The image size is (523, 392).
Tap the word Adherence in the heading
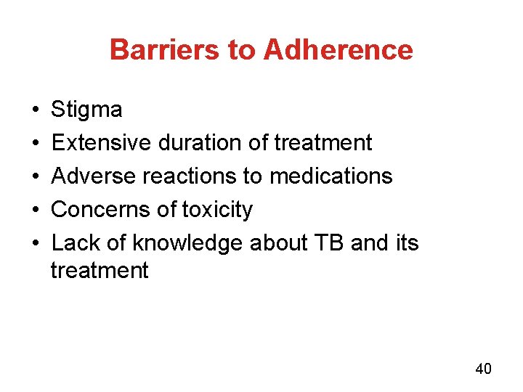pyautogui.click(x=338, y=50)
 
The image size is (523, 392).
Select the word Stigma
pyautogui.click(x=86, y=110)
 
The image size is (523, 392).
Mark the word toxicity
pyautogui.click(x=216, y=210)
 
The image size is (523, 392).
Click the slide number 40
pyautogui.click(x=483, y=369)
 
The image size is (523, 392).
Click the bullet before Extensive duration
pyautogui.click(x=36, y=144)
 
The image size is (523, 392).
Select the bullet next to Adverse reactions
pyautogui.click(x=36, y=176)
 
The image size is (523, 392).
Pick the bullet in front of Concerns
pyautogui.click(x=36, y=210)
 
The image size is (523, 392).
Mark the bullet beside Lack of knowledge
pyautogui.click(x=36, y=243)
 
